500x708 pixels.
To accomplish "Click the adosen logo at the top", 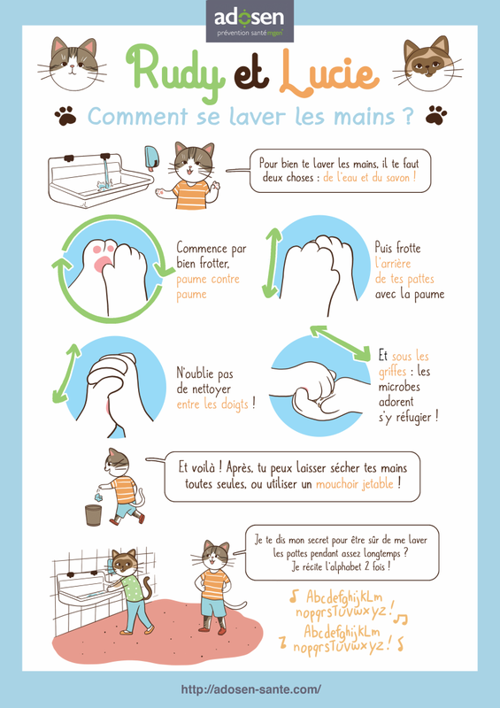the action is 250,21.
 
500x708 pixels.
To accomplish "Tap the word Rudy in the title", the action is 176,72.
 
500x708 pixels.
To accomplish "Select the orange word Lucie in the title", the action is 328,73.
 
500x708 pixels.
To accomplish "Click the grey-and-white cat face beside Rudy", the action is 73,63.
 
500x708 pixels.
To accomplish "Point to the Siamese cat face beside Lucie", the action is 427,63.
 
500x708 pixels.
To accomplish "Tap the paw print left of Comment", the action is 65,116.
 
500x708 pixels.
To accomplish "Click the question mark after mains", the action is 406,116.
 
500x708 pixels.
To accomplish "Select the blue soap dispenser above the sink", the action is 151,158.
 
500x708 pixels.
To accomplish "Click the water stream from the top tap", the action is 105,171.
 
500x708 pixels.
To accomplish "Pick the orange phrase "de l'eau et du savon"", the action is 369,178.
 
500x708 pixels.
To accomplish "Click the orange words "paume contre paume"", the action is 208,287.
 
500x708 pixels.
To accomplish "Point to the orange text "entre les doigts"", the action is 212,404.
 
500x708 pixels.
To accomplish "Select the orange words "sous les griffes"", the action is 404,364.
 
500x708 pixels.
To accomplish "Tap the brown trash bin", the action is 93,515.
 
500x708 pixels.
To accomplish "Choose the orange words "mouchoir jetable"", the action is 355,484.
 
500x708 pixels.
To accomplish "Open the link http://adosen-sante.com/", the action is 251,689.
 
